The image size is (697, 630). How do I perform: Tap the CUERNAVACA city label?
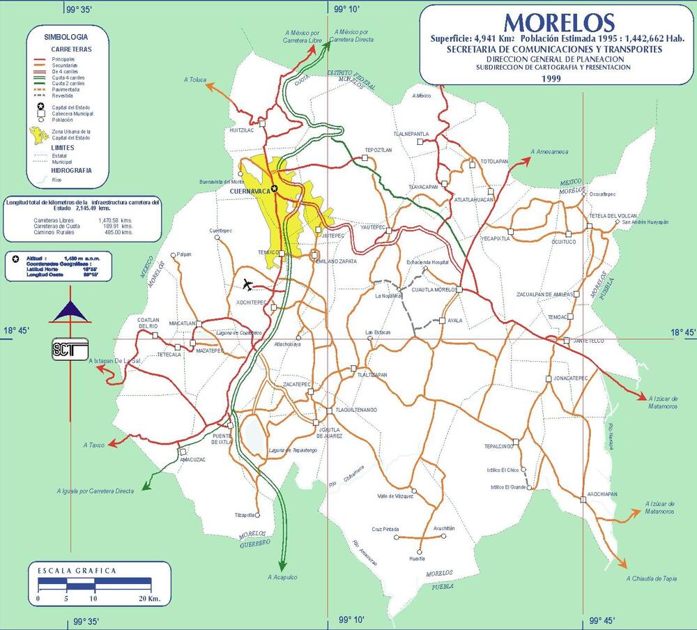tap(248, 189)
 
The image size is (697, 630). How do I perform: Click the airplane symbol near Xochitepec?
tap(248, 284)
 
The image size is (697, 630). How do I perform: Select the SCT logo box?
tap(69, 348)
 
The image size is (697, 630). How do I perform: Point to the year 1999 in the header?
tap(551, 79)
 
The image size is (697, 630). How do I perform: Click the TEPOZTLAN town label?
tap(378, 150)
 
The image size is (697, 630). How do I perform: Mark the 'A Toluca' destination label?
tap(195, 80)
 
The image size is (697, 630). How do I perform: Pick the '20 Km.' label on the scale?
tap(149, 599)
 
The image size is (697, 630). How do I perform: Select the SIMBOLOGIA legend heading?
tap(66, 36)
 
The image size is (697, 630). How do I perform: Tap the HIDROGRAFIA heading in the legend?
tap(71, 170)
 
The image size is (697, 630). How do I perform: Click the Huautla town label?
tap(417, 559)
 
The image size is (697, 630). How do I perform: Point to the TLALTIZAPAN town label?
tap(372, 375)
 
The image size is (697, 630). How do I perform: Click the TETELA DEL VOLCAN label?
tap(613, 215)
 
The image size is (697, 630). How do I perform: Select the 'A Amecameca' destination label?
tap(549, 152)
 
